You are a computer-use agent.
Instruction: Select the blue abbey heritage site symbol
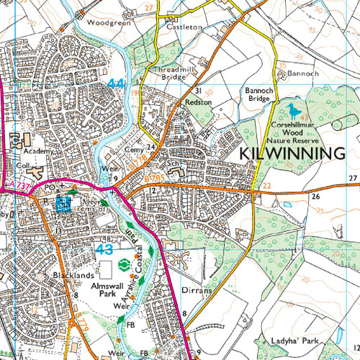pos(63,204)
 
